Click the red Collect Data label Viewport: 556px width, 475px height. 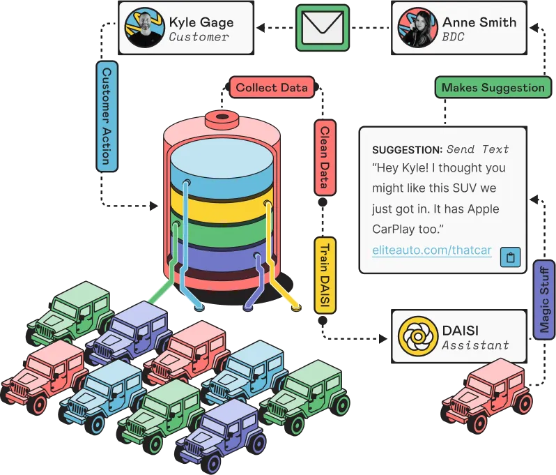pyautogui.click(x=271, y=88)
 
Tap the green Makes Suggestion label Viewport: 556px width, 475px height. pyautogui.click(x=493, y=88)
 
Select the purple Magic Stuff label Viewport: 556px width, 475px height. pyautogui.click(x=544, y=301)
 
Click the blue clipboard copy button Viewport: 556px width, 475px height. pyautogui.click(x=510, y=257)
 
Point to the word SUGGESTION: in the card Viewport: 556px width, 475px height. pyautogui.click(x=407, y=149)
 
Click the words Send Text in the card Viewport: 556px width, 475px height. pyautogui.click(x=478, y=149)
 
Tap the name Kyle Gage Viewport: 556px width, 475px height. pyautogui.click(x=201, y=22)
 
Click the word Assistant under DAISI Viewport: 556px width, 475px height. pyautogui.click(x=475, y=345)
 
